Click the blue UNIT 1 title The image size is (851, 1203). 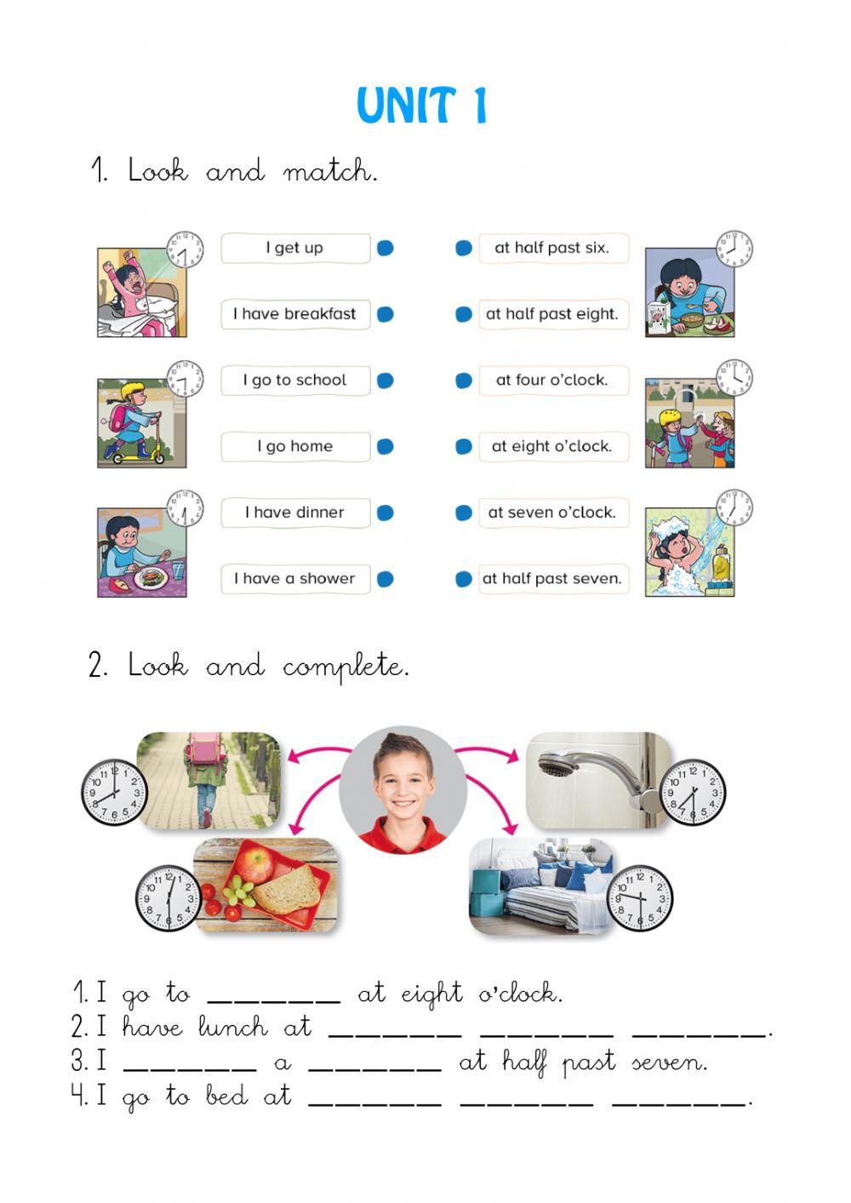click(x=421, y=106)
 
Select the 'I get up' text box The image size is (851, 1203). click(x=295, y=248)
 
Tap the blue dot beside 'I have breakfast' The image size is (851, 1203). click(x=385, y=314)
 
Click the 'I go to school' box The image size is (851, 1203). click(x=295, y=381)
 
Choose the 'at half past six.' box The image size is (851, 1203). click(x=553, y=248)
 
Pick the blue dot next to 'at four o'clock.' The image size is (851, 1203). click(x=464, y=381)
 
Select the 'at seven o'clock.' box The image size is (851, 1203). click(x=553, y=513)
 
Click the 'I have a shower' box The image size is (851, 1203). click(x=295, y=579)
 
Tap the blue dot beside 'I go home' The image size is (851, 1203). click(x=385, y=446)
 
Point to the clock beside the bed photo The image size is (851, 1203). click(x=639, y=898)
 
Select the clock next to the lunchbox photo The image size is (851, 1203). click(x=168, y=897)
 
